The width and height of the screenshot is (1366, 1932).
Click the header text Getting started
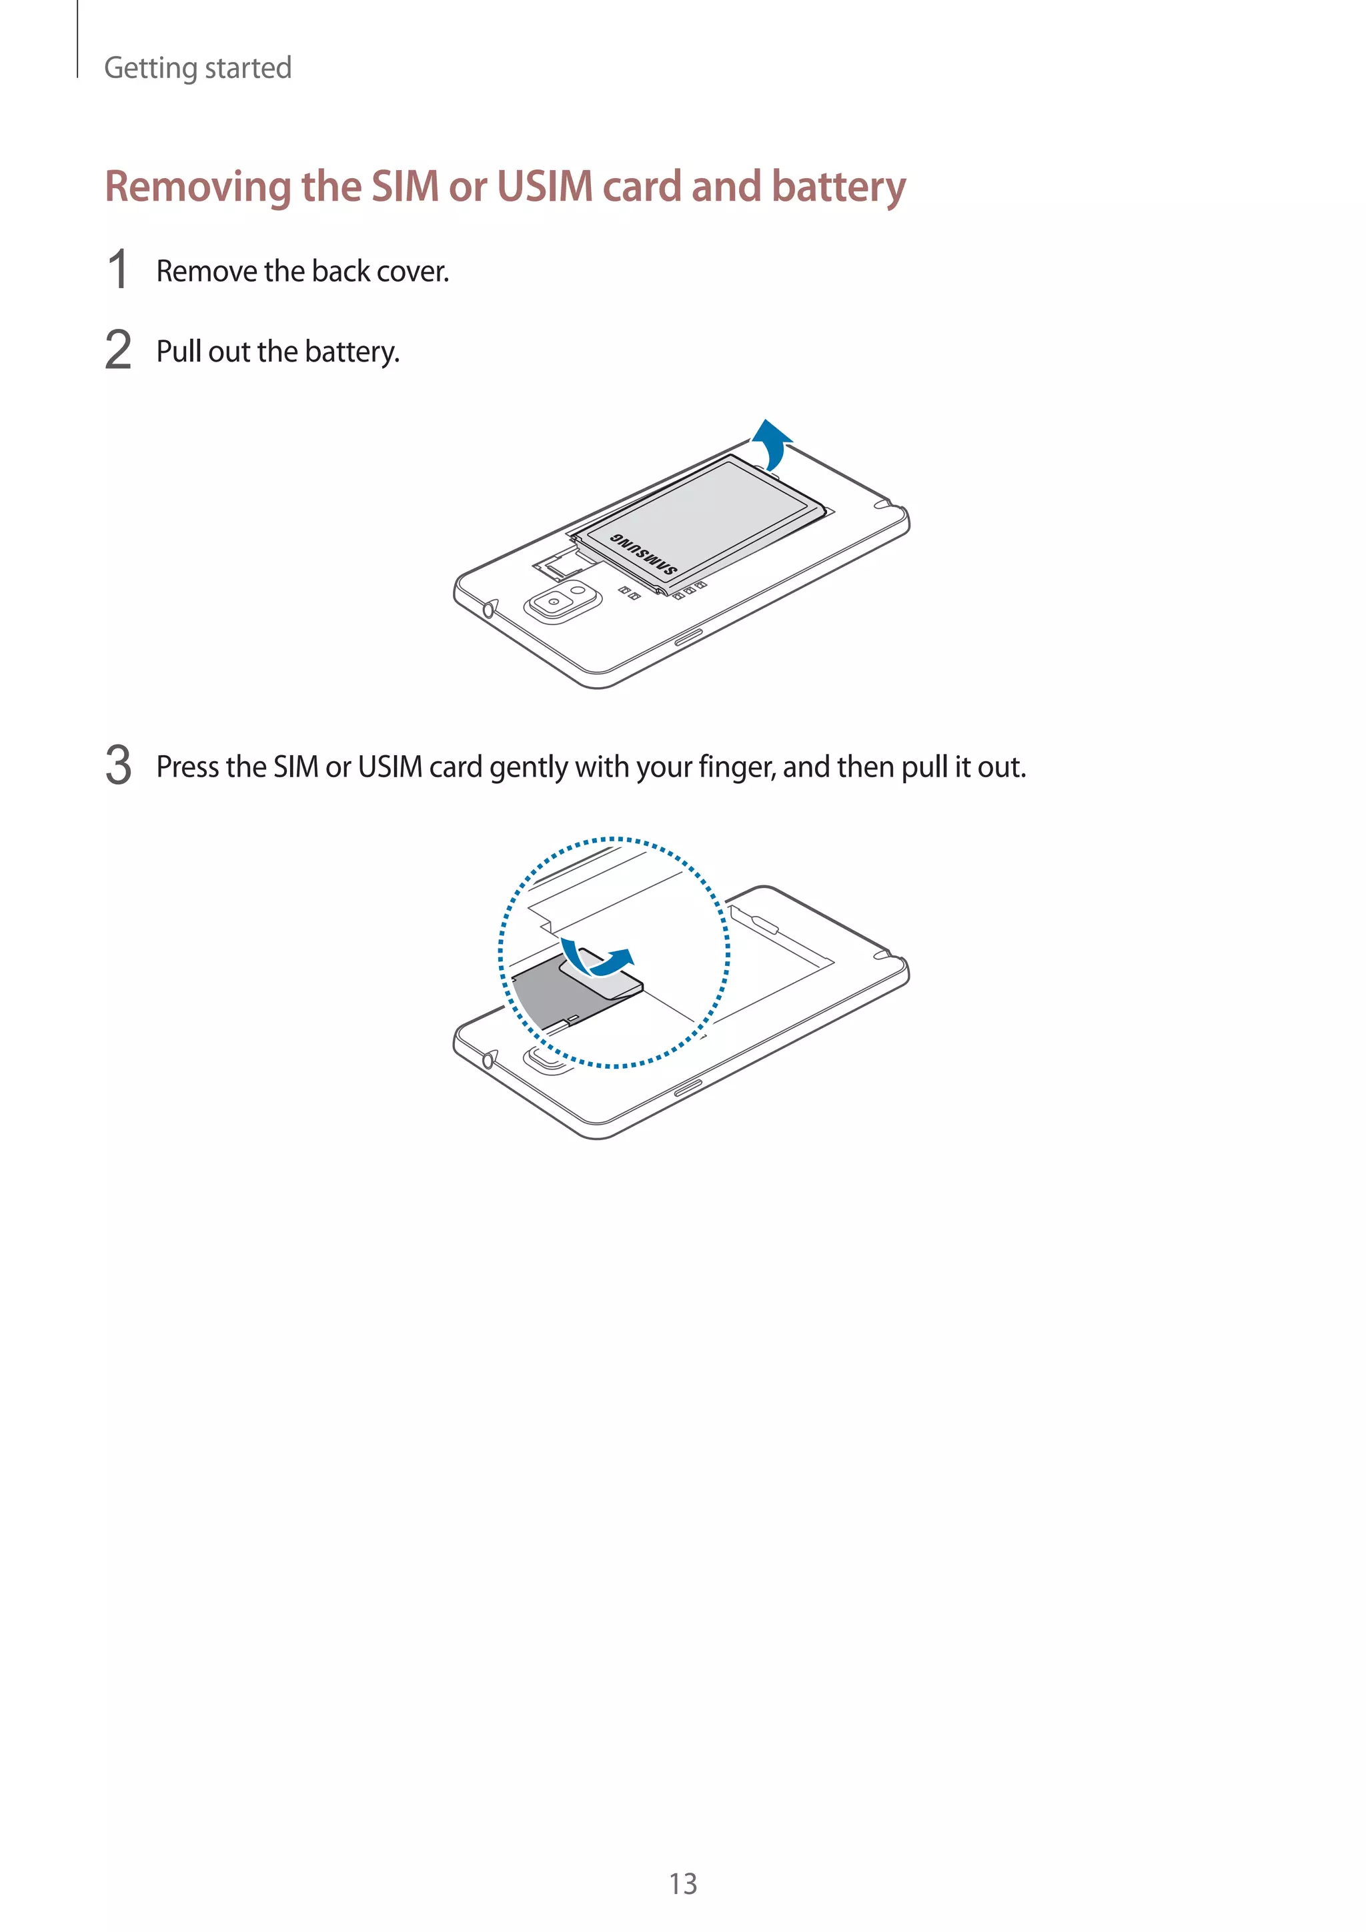click(197, 67)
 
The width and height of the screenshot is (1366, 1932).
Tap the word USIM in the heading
click(545, 187)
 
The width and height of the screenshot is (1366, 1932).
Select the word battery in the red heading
click(838, 187)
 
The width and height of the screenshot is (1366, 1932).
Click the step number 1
click(118, 270)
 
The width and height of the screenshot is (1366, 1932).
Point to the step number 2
click(118, 350)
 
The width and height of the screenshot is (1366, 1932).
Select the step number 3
click(118, 765)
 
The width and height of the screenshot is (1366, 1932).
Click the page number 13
click(682, 1883)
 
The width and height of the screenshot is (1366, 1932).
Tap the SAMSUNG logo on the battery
click(644, 554)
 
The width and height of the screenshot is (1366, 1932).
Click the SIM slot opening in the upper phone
click(560, 566)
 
